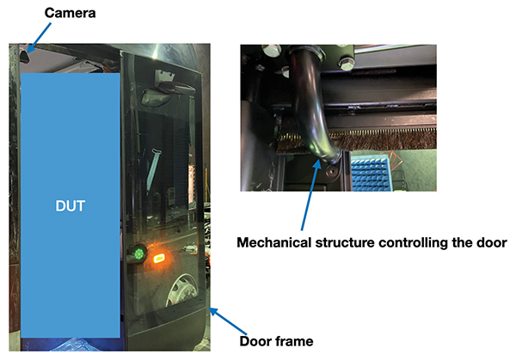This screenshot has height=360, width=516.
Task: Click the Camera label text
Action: pos(71,13)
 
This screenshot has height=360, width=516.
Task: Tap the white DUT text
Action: pos(71,206)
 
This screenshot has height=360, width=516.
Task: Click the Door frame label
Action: pos(276,341)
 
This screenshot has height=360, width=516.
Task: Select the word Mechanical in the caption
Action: pos(274,242)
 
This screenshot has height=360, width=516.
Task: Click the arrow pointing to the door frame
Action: pos(228,320)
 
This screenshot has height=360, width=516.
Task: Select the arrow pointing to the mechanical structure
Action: pos(310,195)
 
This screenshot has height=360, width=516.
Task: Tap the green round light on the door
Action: pos(138,253)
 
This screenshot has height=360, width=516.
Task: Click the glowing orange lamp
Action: pos(159,258)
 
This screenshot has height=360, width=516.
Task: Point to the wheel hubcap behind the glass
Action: pos(180,291)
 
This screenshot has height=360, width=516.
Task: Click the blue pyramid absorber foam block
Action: pos(371,174)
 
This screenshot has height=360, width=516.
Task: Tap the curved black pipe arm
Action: pos(313,105)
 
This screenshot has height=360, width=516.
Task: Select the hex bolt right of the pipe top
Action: pos(346,63)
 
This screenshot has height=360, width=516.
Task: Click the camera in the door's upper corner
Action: pos(24,54)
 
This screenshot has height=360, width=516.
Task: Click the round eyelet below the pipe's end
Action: pos(331,171)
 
